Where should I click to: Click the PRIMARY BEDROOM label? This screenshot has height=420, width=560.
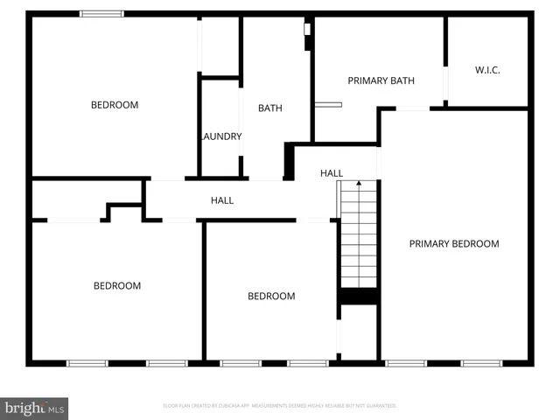tap(454, 244)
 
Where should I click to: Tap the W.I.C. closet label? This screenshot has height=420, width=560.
tap(487, 70)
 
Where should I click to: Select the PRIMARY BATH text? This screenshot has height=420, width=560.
tap(381, 80)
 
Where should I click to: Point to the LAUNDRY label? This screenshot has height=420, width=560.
tap(220, 136)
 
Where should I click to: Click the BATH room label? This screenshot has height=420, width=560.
tap(269, 108)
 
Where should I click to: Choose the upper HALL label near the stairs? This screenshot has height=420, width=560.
tap(332, 173)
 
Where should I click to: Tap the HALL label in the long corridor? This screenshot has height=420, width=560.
tap(222, 200)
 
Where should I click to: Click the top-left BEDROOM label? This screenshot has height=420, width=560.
tap(115, 105)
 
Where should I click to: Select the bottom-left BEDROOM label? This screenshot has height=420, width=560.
tap(117, 286)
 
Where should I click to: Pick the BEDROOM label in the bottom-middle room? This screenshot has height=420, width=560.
tap(271, 296)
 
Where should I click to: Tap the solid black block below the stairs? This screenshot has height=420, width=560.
tap(358, 297)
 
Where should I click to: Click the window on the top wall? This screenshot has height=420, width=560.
tap(101, 14)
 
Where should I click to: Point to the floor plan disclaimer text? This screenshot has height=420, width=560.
tap(280, 406)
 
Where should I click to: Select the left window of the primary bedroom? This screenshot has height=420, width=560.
tap(405, 362)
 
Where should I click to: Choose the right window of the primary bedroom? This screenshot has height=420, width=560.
tap(481, 362)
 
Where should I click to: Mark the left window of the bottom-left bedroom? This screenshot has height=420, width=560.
tap(87, 362)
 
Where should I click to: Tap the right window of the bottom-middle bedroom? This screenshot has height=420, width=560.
tap(308, 362)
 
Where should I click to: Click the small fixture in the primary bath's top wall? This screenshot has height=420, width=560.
tap(307, 30)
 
